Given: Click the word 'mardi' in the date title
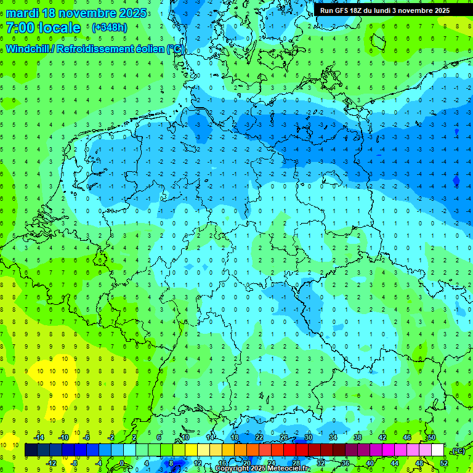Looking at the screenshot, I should tap(22, 13).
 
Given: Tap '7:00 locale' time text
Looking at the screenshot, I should tap(43, 28).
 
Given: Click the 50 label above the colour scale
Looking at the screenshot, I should tap(431, 437).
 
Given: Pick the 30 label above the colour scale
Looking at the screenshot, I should tap(308, 437).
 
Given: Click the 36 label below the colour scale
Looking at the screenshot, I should tap(345, 463).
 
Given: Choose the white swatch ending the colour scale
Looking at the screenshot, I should tap(437, 450).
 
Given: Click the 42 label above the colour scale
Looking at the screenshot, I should tap(382, 437).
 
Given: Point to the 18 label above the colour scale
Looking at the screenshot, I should tap(234, 437).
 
